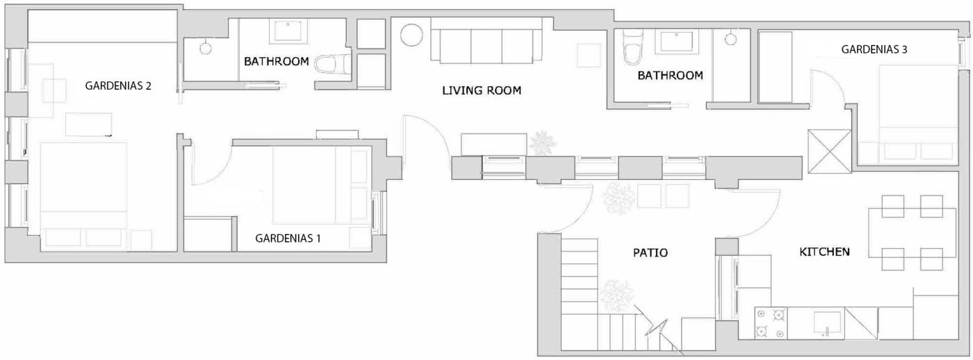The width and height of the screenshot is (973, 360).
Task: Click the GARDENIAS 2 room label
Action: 118,85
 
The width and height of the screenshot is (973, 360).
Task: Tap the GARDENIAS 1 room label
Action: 288,238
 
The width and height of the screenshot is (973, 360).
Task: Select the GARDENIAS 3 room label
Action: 874,49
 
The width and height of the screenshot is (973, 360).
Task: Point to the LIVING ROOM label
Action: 481,90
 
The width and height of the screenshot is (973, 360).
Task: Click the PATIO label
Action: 651,252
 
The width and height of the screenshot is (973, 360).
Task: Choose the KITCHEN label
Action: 824,252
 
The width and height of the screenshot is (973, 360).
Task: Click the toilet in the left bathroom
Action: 332,64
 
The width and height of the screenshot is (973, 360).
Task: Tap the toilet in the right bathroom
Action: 632,47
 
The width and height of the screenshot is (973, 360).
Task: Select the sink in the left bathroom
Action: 288,31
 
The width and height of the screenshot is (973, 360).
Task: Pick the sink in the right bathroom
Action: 678,42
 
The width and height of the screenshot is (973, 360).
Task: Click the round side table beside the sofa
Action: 411,35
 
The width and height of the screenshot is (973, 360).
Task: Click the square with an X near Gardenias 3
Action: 829,151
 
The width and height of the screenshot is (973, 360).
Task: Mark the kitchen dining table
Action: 912,233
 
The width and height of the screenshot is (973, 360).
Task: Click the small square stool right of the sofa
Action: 589,56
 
